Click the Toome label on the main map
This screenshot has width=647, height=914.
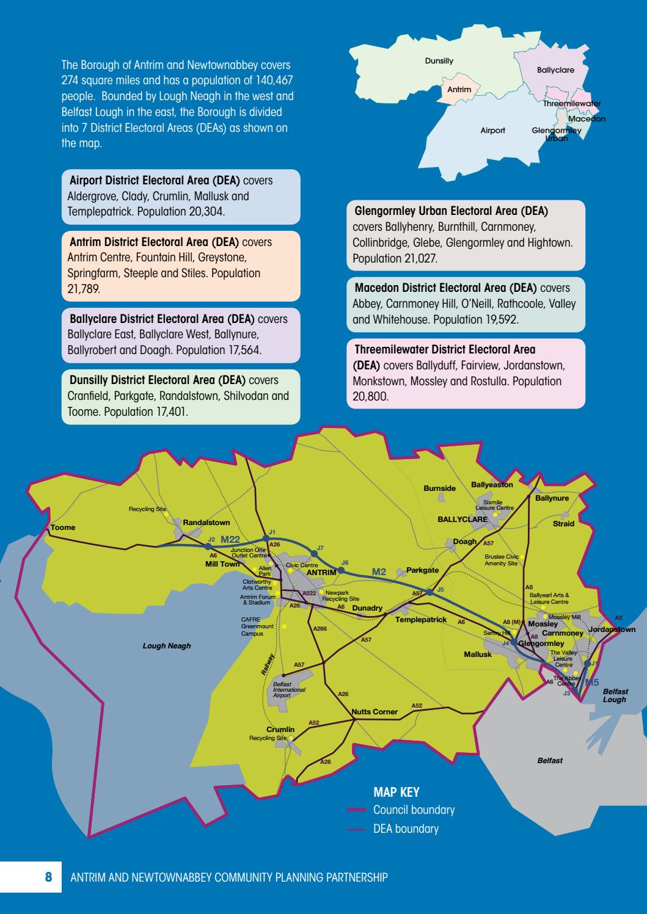point(63,527)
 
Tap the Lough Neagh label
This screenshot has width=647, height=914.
point(166,646)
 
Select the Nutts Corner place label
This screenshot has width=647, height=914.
point(375,712)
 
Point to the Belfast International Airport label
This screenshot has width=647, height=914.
point(289,690)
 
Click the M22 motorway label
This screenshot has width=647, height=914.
point(230,539)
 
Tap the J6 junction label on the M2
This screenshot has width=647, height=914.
point(345,562)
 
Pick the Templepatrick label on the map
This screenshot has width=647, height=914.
point(421,620)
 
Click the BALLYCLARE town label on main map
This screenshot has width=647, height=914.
point(462,520)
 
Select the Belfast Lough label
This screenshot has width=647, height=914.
point(615,695)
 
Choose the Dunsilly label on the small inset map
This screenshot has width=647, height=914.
point(439,61)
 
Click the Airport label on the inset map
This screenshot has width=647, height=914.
point(492,131)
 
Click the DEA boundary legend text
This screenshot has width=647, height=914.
point(406,829)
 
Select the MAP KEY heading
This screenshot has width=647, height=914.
point(396,792)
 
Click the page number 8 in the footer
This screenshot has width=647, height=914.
point(49,878)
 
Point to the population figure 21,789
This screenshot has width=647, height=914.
point(83,289)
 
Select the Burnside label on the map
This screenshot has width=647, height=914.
point(439,488)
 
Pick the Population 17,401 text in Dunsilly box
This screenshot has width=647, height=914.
point(145,412)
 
